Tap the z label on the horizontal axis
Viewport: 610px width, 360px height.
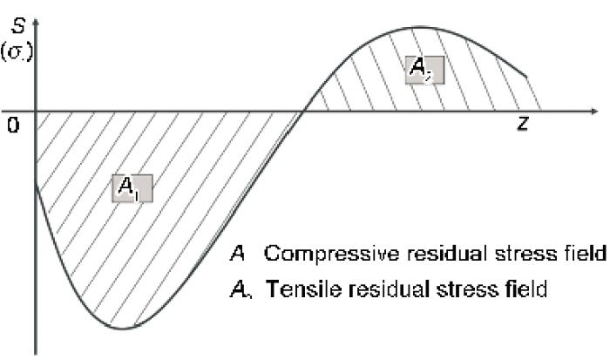pyautogui.click(x=522, y=125)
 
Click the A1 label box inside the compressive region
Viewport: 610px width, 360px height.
pyautogui.click(x=132, y=187)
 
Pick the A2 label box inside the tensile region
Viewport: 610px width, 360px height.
pyautogui.click(x=424, y=70)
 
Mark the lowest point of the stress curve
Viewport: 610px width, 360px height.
pyautogui.click(x=124, y=329)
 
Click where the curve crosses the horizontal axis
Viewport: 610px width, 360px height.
pyautogui.click(x=304, y=112)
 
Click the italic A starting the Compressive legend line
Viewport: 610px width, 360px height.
pyautogui.click(x=237, y=254)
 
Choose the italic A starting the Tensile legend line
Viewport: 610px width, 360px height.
pyautogui.click(x=238, y=289)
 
